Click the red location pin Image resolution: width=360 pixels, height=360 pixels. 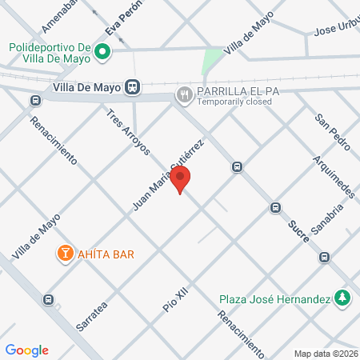[182, 180]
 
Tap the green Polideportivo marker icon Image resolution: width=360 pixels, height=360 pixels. [102, 54]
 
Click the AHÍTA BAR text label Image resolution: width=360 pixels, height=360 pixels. [105, 254]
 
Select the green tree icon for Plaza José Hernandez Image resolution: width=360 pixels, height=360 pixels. [342, 298]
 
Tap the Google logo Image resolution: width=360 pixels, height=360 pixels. [27, 350]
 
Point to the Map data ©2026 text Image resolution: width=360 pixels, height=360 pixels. [325, 354]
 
